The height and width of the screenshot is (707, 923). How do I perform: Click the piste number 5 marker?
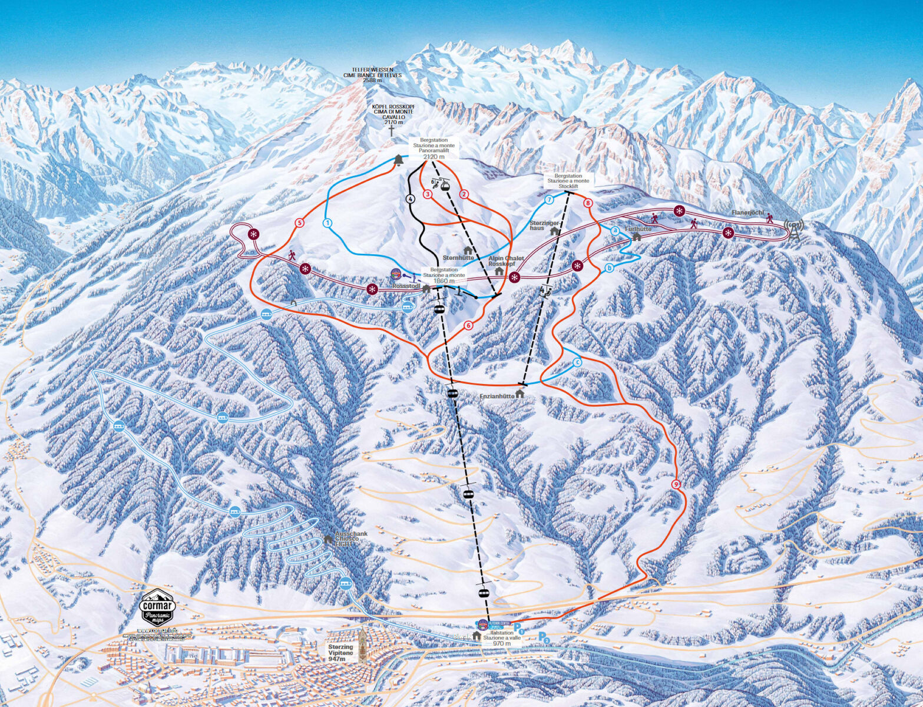[299, 223]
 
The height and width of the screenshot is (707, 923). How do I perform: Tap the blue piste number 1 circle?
[327, 223]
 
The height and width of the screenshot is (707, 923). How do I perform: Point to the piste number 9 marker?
[676, 484]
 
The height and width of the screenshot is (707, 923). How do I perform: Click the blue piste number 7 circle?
[550, 200]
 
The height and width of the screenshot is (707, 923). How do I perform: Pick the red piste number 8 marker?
[587, 203]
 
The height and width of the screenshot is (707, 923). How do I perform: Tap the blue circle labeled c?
[577, 362]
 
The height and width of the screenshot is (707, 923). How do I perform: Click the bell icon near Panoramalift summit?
[399, 160]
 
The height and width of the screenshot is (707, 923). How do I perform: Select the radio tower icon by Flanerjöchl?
[793, 230]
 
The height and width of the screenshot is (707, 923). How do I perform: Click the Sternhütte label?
[458, 257]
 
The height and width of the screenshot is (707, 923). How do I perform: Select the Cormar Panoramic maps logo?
[157, 607]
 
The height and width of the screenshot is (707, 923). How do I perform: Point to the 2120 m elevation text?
[434, 157]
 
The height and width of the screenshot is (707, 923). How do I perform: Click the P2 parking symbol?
[545, 637]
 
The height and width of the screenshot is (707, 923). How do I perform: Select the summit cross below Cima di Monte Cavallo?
[390, 131]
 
